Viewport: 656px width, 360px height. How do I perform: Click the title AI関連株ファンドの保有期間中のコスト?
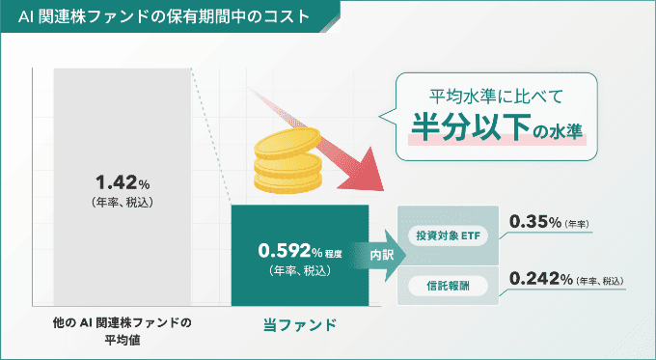click(164, 16)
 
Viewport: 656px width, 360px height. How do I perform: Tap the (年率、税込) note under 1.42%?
click(122, 203)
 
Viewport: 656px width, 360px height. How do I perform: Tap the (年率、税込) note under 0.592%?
click(300, 271)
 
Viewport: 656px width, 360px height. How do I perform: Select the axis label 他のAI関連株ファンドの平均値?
click(123, 331)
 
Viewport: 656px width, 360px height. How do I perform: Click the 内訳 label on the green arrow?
click(383, 255)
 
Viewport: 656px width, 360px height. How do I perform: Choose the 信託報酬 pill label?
click(448, 285)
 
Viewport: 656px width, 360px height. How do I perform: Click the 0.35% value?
click(538, 222)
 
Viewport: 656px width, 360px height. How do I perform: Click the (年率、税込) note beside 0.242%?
click(600, 281)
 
